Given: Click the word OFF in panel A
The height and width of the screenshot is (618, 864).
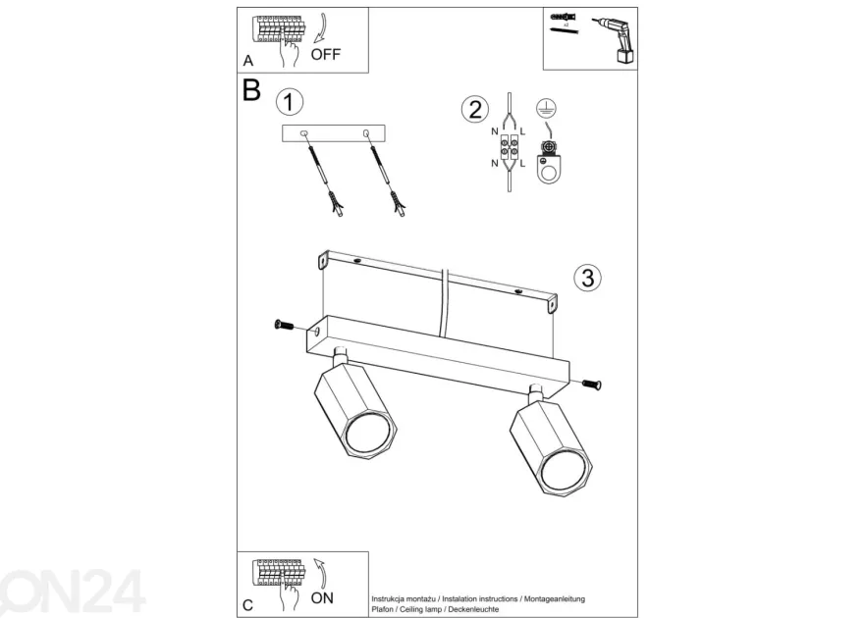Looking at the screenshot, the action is pyautogui.click(x=326, y=55).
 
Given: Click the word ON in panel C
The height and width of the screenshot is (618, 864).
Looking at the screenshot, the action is pyautogui.click(x=322, y=598).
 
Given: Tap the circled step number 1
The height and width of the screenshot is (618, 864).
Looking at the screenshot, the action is pyautogui.click(x=290, y=102).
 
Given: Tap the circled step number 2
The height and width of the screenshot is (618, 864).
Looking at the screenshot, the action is pyautogui.click(x=475, y=109).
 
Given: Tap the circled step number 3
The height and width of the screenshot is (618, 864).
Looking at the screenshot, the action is pyautogui.click(x=587, y=278).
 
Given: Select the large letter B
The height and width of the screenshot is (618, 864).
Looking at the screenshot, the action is pyautogui.click(x=251, y=90).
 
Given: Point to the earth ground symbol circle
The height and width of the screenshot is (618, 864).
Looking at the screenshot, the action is pyautogui.click(x=546, y=109).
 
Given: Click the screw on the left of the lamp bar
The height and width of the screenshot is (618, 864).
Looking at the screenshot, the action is pyautogui.click(x=285, y=326).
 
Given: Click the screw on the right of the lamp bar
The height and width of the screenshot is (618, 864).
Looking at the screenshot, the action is pyautogui.click(x=591, y=385).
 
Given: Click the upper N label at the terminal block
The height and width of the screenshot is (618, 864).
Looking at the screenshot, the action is pyautogui.click(x=494, y=131).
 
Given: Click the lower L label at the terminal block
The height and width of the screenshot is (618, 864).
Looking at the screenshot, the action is pyautogui.click(x=522, y=164).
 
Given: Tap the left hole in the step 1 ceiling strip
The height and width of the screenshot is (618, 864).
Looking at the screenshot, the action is pyautogui.click(x=303, y=133).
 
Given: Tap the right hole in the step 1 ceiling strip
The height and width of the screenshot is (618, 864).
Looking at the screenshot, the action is pyautogui.click(x=366, y=133).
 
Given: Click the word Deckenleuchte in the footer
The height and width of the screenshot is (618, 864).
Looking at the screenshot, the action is pyautogui.click(x=473, y=609).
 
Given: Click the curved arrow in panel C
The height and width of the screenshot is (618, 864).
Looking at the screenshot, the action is pyautogui.click(x=321, y=573).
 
